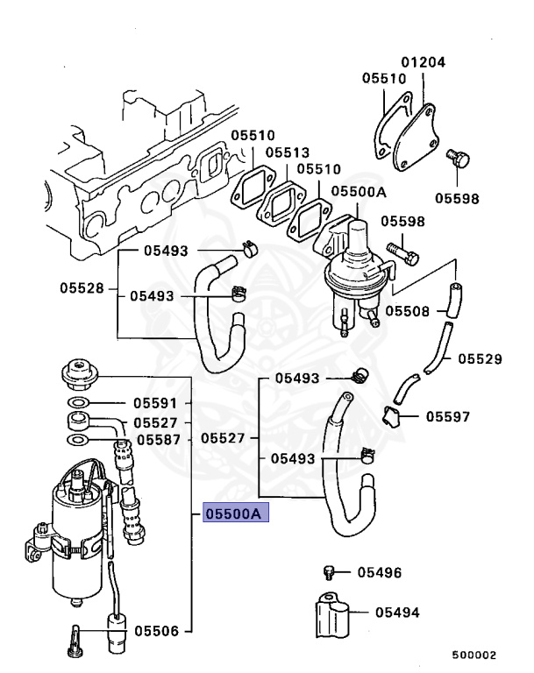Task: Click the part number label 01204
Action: click(424, 62)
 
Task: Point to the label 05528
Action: click(82, 287)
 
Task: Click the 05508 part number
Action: click(408, 310)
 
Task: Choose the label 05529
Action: click(480, 358)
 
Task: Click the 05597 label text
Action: click(449, 416)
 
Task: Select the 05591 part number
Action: click(156, 404)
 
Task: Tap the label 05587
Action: click(156, 440)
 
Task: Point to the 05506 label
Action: click(156, 630)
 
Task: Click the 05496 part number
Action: click(380, 573)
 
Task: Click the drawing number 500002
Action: click(474, 655)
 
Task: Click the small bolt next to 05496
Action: click(330, 572)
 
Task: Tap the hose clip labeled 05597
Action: click(391, 417)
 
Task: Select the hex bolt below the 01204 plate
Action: click(459, 162)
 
